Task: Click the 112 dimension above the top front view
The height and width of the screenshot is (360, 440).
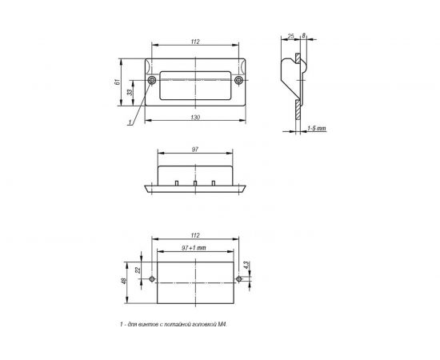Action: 196,42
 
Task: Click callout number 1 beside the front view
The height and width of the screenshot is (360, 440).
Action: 129,122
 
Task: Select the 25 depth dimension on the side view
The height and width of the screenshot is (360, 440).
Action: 291,37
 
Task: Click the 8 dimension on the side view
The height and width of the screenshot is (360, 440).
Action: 305,37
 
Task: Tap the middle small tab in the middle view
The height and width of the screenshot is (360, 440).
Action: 195,183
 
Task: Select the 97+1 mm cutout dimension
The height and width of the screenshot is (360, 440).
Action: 194,248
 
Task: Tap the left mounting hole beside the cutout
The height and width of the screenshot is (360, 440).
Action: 149,280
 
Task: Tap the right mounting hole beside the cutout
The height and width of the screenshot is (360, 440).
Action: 239,280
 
